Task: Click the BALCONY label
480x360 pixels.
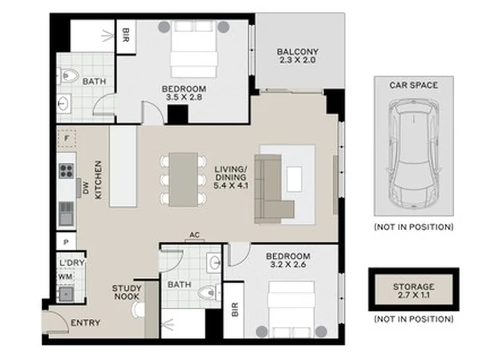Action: (x=297, y=52)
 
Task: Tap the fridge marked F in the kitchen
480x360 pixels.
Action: (x=67, y=139)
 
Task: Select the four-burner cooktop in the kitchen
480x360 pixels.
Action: (x=66, y=171)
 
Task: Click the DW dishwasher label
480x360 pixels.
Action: (x=85, y=187)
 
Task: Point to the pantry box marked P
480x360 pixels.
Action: (x=66, y=241)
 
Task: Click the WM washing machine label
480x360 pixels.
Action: (x=65, y=277)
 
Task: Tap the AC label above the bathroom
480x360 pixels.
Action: (x=195, y=235)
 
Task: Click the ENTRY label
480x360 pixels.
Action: (x=85, y=323)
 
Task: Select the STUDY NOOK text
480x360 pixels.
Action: (x=127, y=293)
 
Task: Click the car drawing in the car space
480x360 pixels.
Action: (x=413, y=155)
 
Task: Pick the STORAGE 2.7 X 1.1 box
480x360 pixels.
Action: (x=413, y=289)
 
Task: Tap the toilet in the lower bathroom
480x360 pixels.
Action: (x=209, y=292)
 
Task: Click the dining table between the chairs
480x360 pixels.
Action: (x=183, y=180)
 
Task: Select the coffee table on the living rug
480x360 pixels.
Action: (x=294, y=179)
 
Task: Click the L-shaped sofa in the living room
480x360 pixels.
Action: (x=271, y=189)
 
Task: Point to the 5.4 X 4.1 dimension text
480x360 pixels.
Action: (x=231, y=185)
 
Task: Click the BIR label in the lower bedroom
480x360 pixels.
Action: (x=235, y=309)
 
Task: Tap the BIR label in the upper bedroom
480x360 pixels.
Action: (x=126, y=35)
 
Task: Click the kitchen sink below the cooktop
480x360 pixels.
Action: (x=66, y=214)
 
